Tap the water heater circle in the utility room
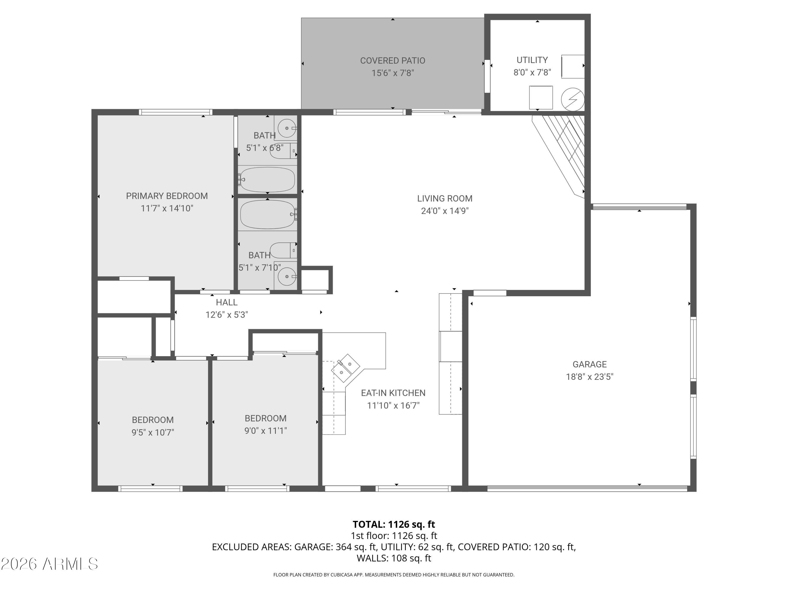(x=572, y=99)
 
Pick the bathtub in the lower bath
(x=268, y=214)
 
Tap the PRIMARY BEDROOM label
(x=167, y=196)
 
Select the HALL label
(x=227, y=302)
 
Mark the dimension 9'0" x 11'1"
(x=265, y=431)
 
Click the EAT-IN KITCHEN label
(x=393, y=393)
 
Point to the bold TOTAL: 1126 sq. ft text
(x=394, y=524)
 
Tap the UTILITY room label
(x=532, y=60)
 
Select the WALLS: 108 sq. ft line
(x=394, y=558)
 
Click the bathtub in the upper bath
(x=268, y=180)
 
